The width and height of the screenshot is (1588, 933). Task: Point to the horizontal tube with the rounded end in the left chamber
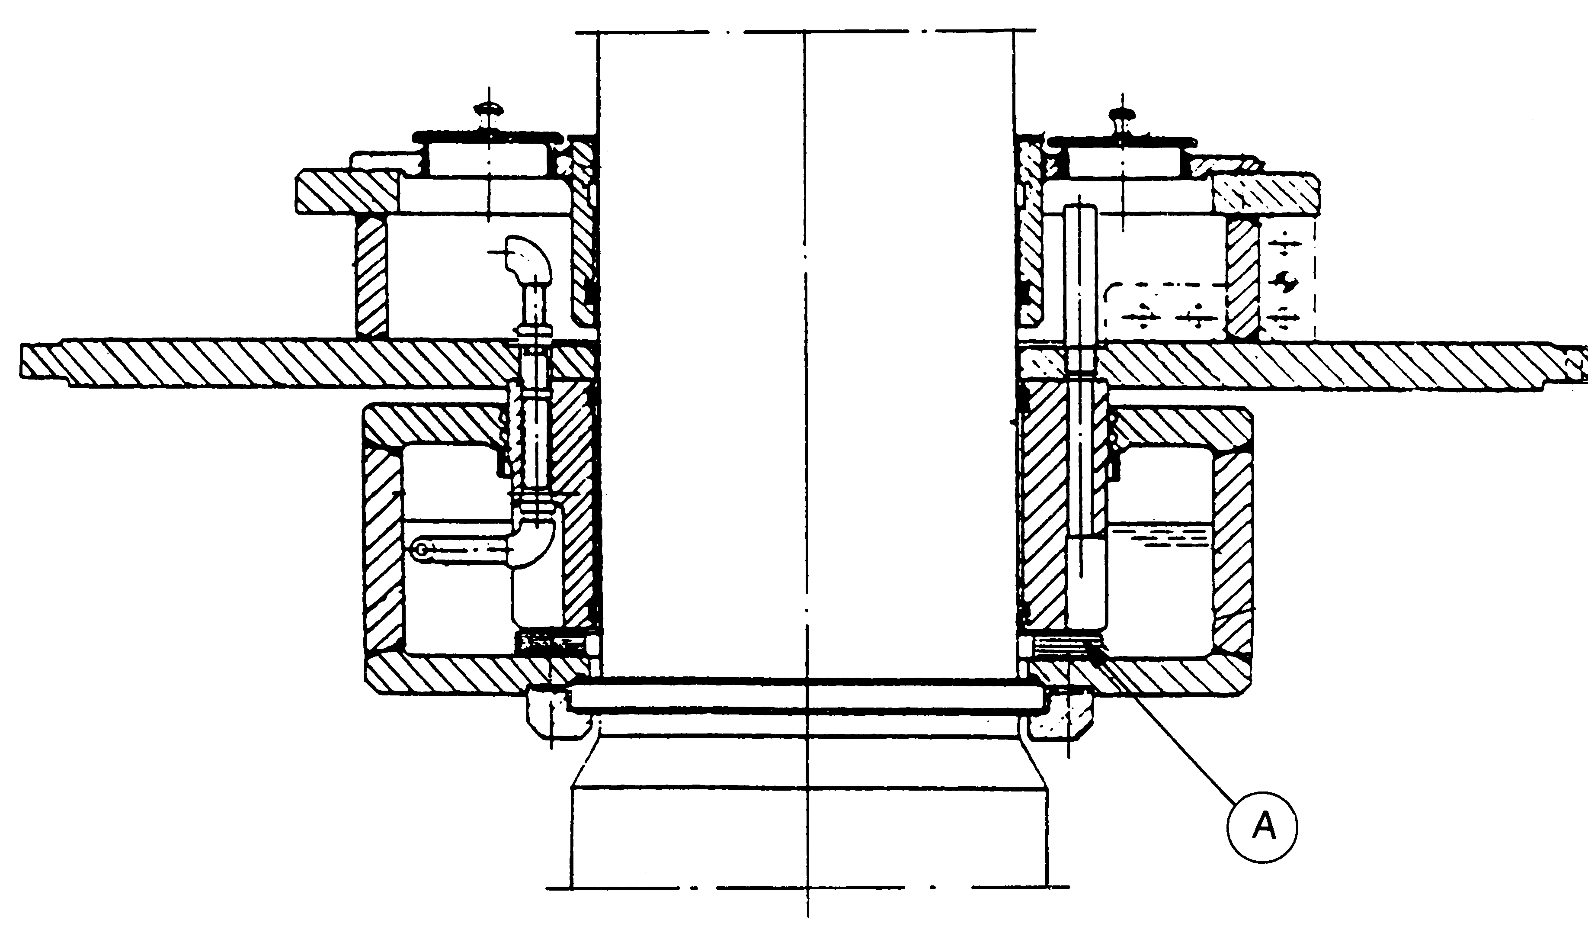coord(460,550)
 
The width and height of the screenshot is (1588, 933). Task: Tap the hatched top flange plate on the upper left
coord(346,192)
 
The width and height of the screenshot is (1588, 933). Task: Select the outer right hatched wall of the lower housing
coord(1232,548)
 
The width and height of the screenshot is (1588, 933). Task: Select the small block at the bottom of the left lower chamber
coord(545,643)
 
